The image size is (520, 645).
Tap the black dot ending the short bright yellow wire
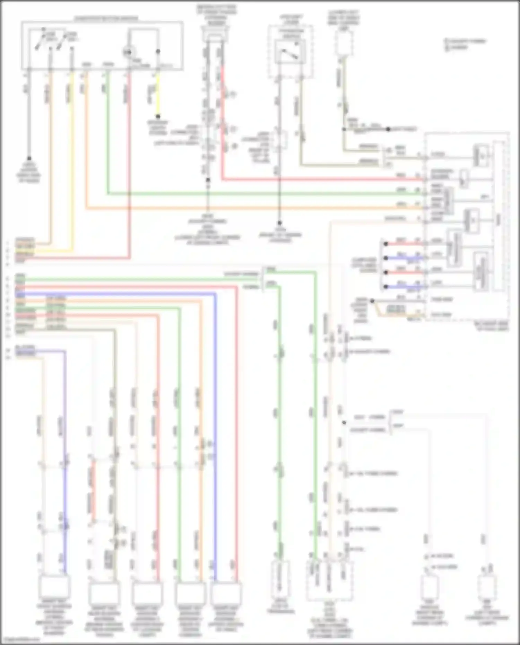pyautogui.click(x=158, y=116)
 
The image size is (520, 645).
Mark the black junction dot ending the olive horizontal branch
pyautogui.click(x=388, y=129)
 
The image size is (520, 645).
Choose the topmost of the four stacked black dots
pyautogui.click(x=385, y=244)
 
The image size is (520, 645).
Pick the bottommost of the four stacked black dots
pyautogui.click(x=385, y=287)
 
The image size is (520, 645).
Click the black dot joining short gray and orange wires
pyautogui.click(x=372, y=301)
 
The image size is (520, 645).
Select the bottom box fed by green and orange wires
pyautogui.click(x=190, y=594)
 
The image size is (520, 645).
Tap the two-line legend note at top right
pyautogui.click(x=466, y=44)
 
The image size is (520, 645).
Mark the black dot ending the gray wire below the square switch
pyautogui.click(x=279, y=223)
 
